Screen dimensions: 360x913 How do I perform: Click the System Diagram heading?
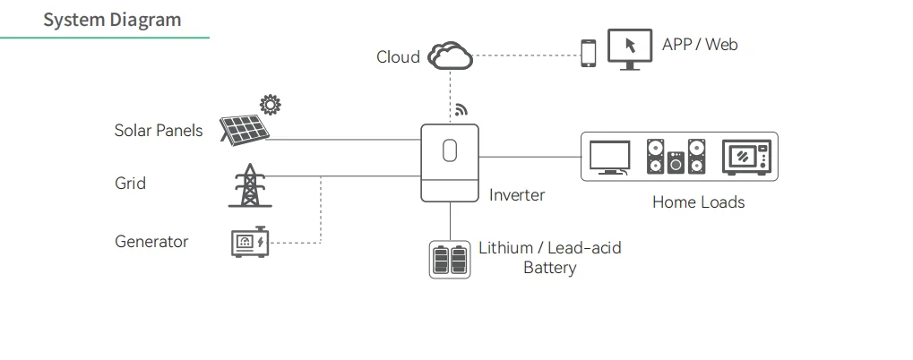click(111, 20)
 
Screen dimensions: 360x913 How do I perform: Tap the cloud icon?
click(450, 56)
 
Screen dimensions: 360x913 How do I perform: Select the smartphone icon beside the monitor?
click(589, 53)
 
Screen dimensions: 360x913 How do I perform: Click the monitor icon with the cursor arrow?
click(629, 48)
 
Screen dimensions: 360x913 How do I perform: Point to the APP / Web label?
click(700, 44)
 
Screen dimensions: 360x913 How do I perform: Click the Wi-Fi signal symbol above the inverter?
click(461, 110)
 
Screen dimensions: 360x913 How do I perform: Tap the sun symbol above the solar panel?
click(270, 104)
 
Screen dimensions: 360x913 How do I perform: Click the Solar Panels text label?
click(159, 131)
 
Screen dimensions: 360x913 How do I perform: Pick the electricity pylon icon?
click(249, 185)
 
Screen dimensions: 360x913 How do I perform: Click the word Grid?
click(130, 184)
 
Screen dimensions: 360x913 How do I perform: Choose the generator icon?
click(249, 242)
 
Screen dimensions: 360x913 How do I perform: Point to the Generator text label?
click(151, 242)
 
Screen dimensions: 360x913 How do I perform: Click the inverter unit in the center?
click(450, 162)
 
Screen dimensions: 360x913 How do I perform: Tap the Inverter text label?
click(517, 195)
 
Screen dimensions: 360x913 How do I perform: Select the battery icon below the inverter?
click(450, 260)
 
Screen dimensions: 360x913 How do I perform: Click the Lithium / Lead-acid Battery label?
click(549, 258)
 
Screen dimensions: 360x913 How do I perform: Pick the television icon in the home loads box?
click(609, 158)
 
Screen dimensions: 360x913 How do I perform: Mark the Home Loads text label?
click(698, 202)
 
